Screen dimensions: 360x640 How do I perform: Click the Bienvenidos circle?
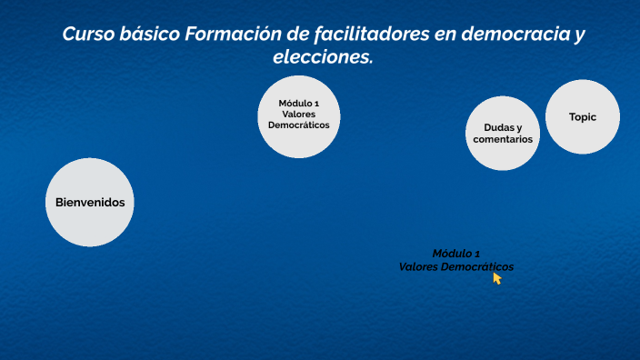click(90, 202)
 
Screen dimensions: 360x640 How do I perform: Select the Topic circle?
click(583, 117)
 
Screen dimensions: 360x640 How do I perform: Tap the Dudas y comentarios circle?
click(503, 134)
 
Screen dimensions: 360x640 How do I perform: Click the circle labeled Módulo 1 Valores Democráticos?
click(299, 115)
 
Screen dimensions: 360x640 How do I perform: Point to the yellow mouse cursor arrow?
click(497, 278)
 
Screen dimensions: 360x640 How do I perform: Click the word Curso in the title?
click(87, 35)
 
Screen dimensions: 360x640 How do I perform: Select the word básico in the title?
click(148, 35)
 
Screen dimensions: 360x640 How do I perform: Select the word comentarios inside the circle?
click(503, 140)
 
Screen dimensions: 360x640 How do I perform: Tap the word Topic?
click(583, 117)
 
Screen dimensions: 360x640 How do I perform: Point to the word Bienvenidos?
click(90, 202)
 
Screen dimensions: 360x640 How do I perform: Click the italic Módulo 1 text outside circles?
click(456, 254)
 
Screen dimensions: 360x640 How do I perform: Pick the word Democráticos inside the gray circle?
click(299, 125)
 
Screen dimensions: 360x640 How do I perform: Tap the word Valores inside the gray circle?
click(299, 114)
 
